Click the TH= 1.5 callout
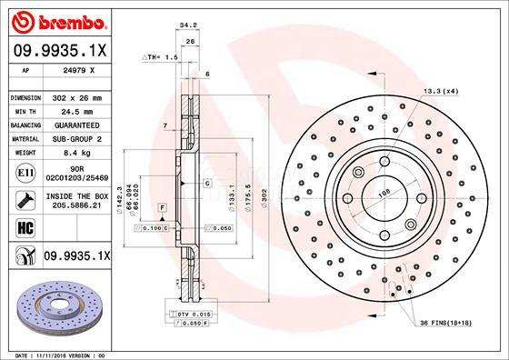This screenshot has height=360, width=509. click(160, 56)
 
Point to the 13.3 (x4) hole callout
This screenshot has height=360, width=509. click(439, 91)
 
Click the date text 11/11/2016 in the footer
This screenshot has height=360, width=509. click(48, 354)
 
